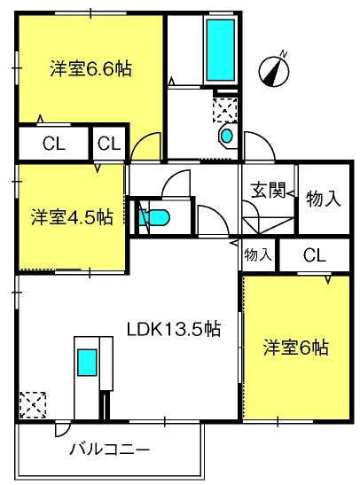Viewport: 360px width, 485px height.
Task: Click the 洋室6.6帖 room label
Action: coord(91,68)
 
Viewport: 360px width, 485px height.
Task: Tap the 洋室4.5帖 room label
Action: coord(72,217)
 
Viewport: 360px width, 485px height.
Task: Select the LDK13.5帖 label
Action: coord(174,330)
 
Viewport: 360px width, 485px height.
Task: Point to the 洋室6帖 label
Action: coord(295,348)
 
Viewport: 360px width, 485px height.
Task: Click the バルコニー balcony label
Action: coord(109,449)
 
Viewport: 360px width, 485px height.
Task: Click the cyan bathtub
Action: coord(221,50)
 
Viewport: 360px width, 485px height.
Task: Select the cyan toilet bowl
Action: coord(154,217)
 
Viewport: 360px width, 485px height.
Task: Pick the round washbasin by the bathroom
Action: coord(227,136)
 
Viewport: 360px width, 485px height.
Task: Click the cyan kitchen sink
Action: coord(87,363)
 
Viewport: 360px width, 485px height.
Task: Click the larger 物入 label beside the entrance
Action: coord(324,199)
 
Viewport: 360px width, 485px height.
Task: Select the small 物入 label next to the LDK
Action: coord(258,254)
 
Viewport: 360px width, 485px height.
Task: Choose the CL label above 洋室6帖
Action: coord(315,255)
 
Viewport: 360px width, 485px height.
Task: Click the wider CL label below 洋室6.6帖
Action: coord(54,144)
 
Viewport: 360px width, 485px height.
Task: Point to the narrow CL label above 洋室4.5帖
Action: coord(109,144)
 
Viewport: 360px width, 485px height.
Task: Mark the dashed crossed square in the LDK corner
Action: coord(33,405)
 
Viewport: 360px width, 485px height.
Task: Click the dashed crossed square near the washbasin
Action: coord(225,110)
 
